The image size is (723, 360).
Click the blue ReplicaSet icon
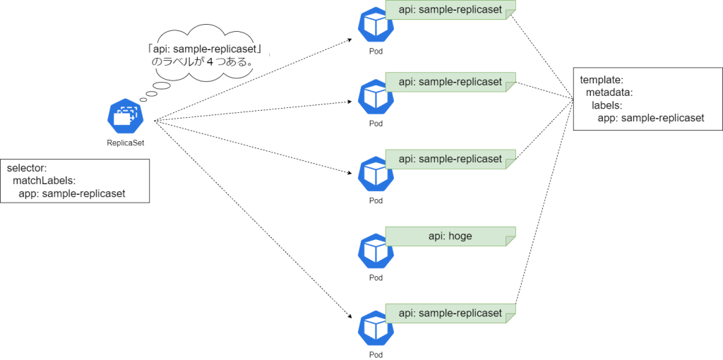[126, 116]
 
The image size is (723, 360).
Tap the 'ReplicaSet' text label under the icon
[126, 143]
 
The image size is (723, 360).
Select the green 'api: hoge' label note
[450, 236]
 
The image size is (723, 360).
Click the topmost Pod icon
[376, 26]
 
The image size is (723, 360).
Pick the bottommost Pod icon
[376, 329]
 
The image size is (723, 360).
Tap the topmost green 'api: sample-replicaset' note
[450, 10]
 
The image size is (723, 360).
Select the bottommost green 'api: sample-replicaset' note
[450, 313]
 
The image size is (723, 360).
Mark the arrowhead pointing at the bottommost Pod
[351, 317]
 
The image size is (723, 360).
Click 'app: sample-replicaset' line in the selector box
[72, 193]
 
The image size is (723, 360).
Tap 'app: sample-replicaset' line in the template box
[651, 118]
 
